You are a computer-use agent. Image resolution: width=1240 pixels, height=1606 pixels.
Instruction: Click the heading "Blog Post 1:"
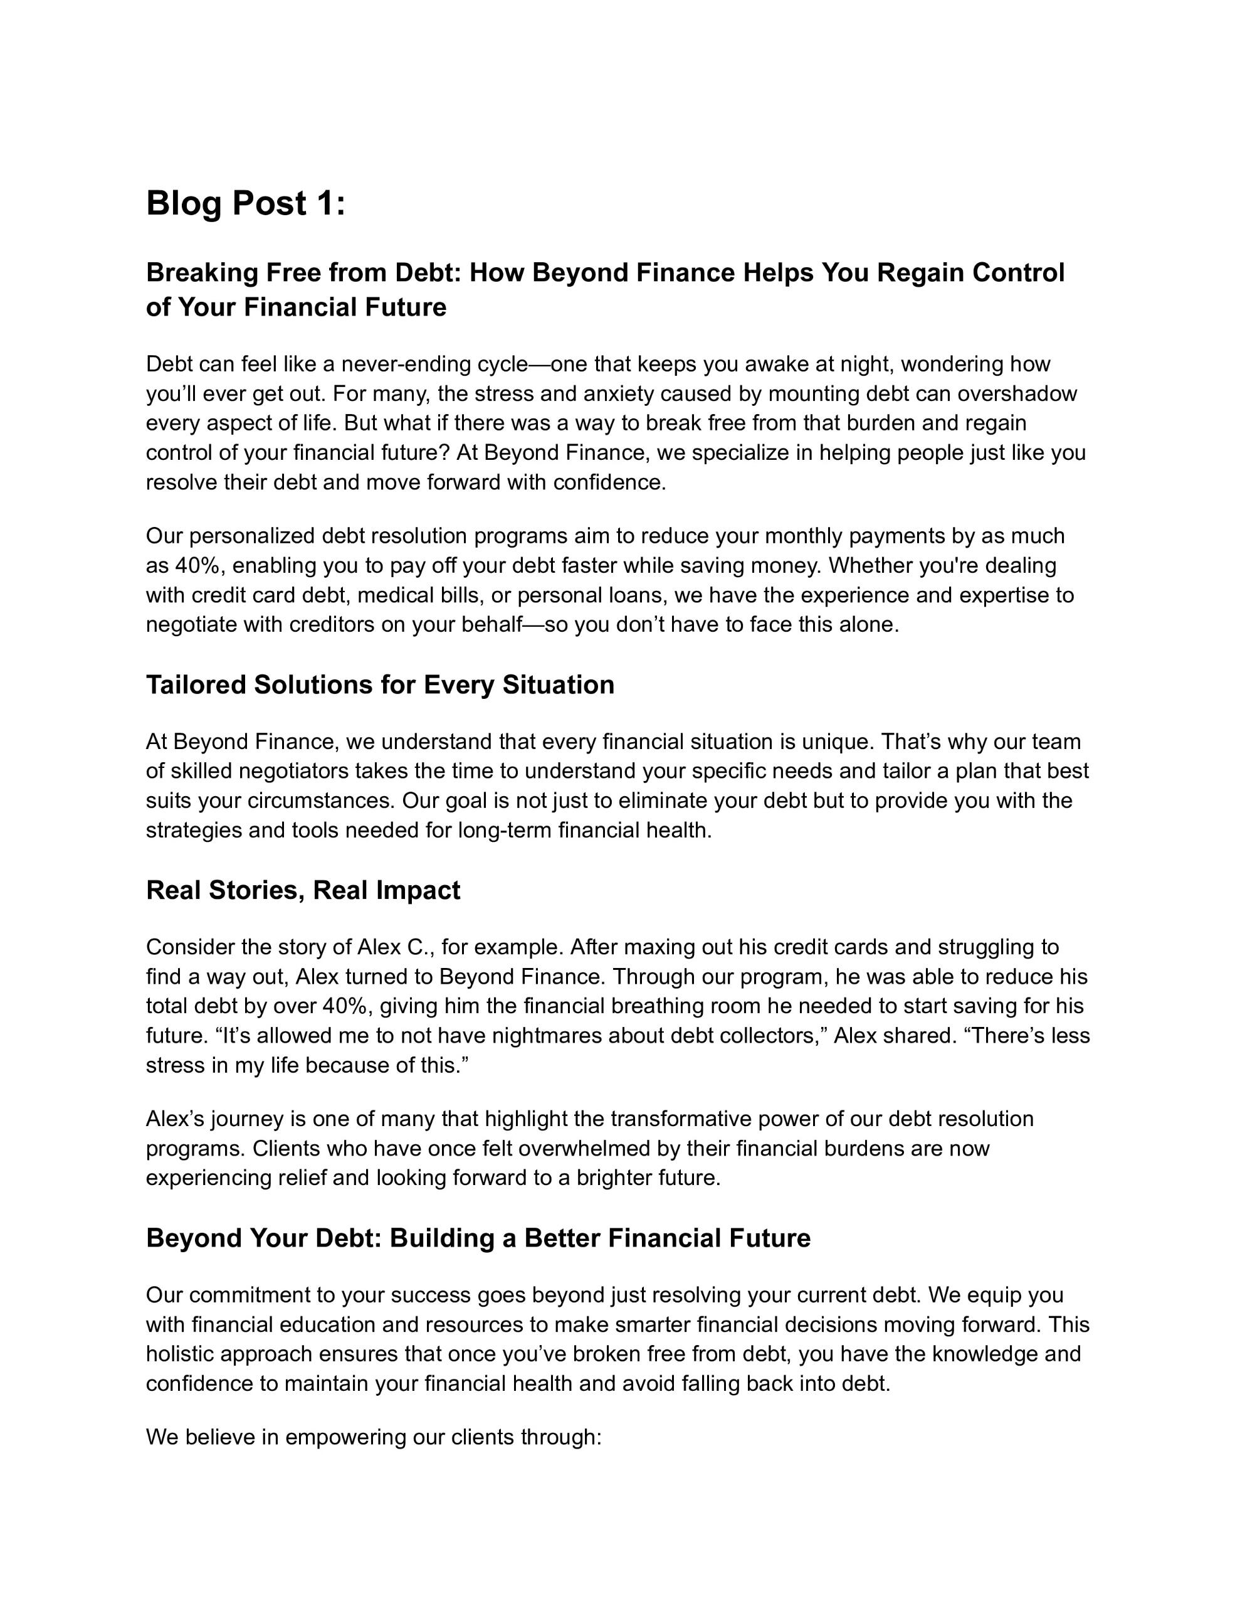click(x=246, y=204)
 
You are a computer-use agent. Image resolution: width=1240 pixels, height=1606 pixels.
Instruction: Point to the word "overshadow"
click(x=1017, y=394)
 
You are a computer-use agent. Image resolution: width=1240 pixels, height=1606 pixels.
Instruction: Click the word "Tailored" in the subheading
click(x=196, y=685)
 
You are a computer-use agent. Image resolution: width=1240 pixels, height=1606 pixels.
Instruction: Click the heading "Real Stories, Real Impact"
click(x=303, y=890)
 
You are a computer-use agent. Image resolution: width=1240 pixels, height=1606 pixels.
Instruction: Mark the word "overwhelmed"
click(x=559, y=1149)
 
